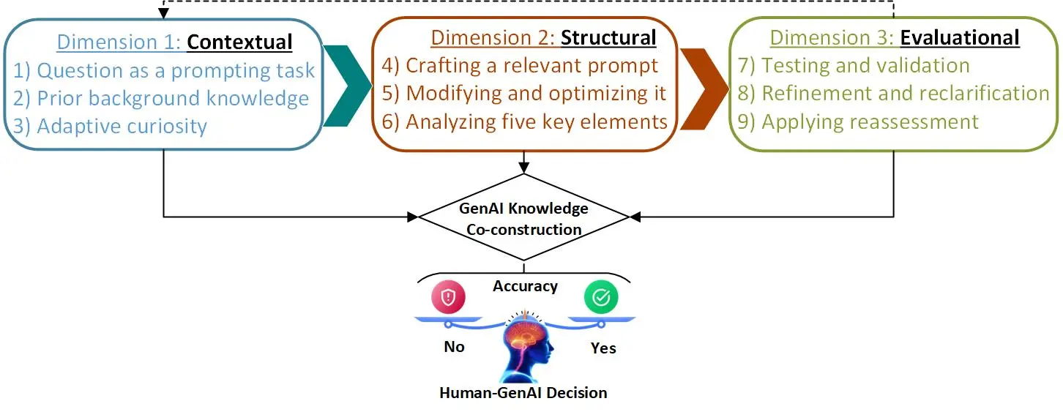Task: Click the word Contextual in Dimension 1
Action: (x=239, y=42)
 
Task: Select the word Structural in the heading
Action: (x=608, y=38)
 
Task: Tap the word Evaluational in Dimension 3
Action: (x=960, y=38)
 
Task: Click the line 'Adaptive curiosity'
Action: (x=110, y=127)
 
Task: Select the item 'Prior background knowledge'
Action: (x=161, y=99)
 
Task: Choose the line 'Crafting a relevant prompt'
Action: (x=520, y=65)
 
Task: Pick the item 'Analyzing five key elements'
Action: (x=524, y=122)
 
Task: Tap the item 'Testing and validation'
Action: (x=854, y=65)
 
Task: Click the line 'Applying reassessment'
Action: (x=858, y=122)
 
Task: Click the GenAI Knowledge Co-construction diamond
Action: (x=523, y=217)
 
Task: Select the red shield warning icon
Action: (x=448, y=297)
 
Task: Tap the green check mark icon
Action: (x=601, y=297)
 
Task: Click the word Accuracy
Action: (x=526, y=286)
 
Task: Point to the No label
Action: (x=454, y=347)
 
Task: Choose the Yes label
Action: (x=603, y=348)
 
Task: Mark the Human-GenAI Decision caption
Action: (x=523, y=392)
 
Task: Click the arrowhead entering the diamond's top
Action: (x=523, y=168)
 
